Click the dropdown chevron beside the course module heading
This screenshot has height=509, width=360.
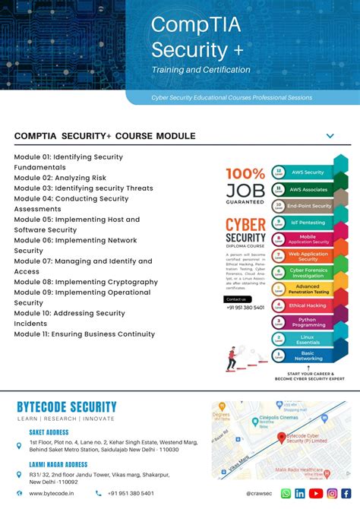[330, 136]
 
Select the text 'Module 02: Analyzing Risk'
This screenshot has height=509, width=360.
[60, 178]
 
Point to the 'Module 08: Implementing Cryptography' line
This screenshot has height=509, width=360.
[86, 282]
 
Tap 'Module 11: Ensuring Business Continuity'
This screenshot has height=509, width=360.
[84, 334]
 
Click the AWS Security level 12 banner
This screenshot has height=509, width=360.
[307, 172]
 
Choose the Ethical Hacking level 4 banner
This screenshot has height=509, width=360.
[307, 305]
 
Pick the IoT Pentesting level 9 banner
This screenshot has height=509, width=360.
[307, 222]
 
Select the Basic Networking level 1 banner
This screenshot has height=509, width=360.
[307, 355]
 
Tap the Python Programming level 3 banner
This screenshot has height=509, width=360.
[307, 322]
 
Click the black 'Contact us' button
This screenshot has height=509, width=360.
[236, 299]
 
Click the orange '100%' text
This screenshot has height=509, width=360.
[245, 174]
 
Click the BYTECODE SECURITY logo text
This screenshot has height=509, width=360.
[67, 407]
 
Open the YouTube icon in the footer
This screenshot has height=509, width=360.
[315, 493]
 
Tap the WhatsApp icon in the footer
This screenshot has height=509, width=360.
[286, 493]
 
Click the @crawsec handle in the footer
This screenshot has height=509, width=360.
[259, 493]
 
